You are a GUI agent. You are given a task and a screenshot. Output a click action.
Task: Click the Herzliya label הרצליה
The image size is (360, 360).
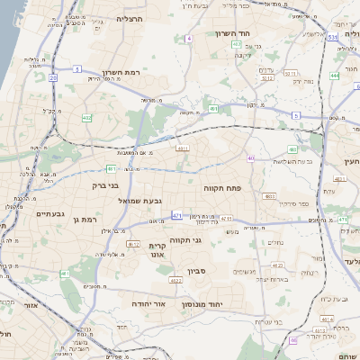coord(130,18)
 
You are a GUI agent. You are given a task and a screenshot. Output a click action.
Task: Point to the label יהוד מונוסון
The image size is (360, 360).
coord(214,303)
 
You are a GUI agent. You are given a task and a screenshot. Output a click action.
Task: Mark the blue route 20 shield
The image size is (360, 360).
coord(53,78)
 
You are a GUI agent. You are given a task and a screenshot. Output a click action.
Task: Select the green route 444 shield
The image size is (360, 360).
coord(334,76)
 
